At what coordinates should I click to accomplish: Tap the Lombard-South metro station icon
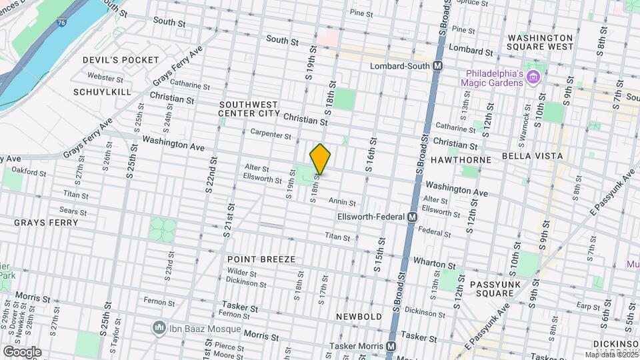click(x=438, y=66)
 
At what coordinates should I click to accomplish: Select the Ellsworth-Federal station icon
click(x=412, y=217)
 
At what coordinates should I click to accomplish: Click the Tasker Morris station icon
click(x=391, y=346)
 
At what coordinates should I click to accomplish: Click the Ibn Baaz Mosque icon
click(x=159, y=328)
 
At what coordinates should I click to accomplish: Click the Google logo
click(x=21, y=352)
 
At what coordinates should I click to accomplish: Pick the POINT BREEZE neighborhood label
click(x=261, y=259)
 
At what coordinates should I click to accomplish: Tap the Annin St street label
click(x=342, y=203)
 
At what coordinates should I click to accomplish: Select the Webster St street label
click(x=101, y=77)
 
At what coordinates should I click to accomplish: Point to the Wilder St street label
click(x=242, y=273)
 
